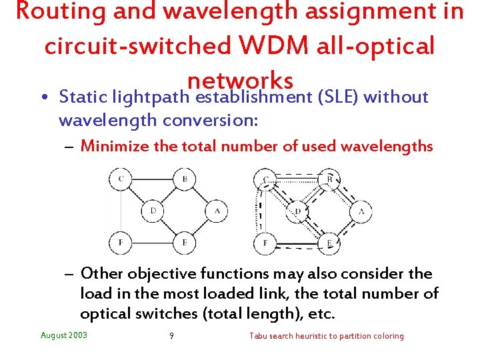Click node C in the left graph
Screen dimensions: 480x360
pyautogui.click(x=121, y=179)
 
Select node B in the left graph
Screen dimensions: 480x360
pyautogui.click(x=184, y=179)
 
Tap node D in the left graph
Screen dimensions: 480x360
pyautogui.click(x=153, y=211)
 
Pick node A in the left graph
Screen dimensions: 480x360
pyautogui.click(x=217, y=211)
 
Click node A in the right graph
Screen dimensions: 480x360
pyautogui.click(x=361, y=211)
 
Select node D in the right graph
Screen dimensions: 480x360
pyautogui.click(x=297, y=211)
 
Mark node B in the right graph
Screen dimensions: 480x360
pyautogui.click(x=329, y=179)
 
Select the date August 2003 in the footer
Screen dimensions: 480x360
pyautogui.click(x=64, y=335)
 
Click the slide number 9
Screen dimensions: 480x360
pyautogui.click(x=171, y=336)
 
